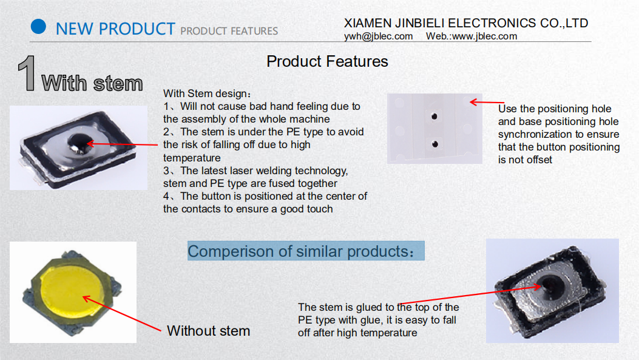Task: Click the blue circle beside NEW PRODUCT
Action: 38,27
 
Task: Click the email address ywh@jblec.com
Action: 378,36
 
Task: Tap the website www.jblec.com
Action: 484,36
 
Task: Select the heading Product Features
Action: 327,61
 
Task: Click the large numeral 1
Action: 27,73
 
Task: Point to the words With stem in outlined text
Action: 92,83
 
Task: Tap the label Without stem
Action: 208,331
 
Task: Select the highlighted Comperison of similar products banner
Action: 306,251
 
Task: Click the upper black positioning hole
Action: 434,117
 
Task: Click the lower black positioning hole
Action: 435,144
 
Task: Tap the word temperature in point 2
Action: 192,158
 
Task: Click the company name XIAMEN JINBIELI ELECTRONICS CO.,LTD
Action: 466,23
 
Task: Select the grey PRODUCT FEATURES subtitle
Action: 229,31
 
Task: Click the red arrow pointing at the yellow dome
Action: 122,313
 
